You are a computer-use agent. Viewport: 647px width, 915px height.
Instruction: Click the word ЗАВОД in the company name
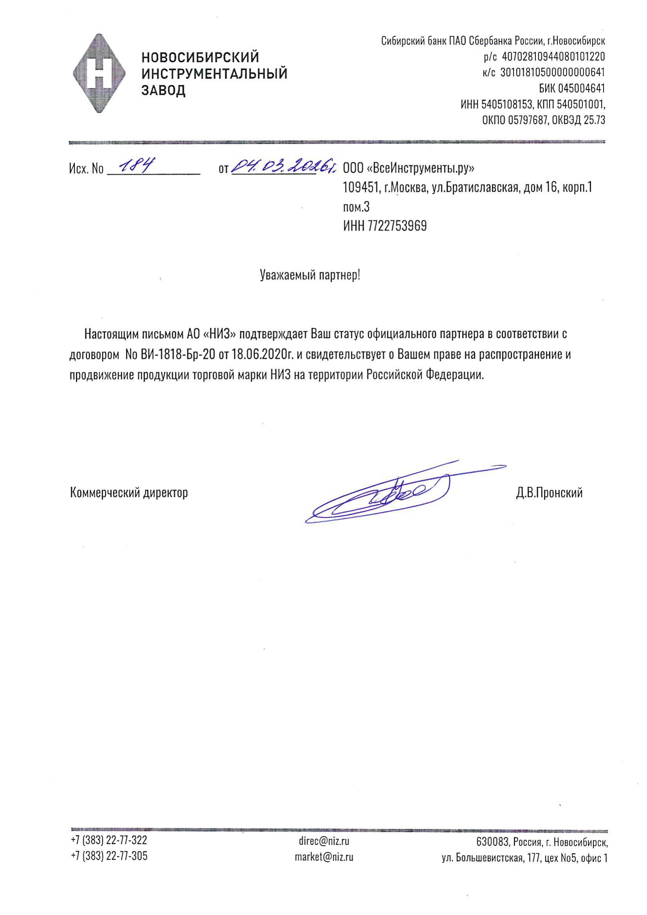pyautogui.click(x=164, y=90)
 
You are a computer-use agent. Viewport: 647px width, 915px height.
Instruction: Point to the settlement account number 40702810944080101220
pyautogui.click(x=553, y=57)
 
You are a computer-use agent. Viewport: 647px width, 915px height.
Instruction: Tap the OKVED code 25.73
pyautogui.click(x=594, y=120)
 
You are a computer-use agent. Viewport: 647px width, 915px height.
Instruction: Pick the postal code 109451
pyautogui.click(x=360, y=188)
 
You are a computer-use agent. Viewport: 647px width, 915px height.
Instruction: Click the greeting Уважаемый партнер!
pyautogui.click(x=310, y=275)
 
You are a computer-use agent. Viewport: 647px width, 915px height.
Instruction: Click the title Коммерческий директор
pyautogui.click(x=129, y=493)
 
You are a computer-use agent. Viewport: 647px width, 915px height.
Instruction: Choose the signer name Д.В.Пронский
pyautogui.click(x=549, y=493)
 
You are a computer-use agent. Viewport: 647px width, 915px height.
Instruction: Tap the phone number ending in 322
pyautogui.click(x=109, y=840)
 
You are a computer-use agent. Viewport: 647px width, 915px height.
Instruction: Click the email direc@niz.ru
pyautogui.click(x=323, y=841)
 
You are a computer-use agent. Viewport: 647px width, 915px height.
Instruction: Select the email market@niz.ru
pyautogui.click(x=323, y=856)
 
